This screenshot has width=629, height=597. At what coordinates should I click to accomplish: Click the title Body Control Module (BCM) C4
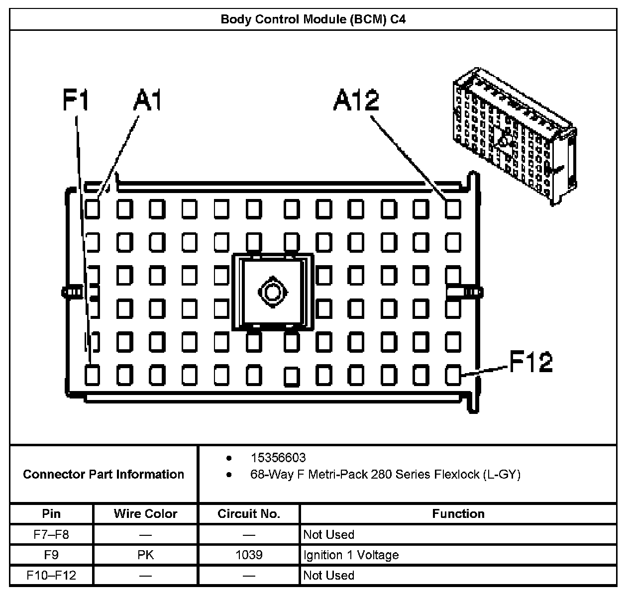tap(313, 20)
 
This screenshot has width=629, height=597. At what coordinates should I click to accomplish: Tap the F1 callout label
tap(76, 100)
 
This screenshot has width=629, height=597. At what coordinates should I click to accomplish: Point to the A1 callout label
tap(147, 100)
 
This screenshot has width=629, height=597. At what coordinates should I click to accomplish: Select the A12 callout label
tap(356, 100)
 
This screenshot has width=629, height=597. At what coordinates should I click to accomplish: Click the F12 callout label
tap(530, 362)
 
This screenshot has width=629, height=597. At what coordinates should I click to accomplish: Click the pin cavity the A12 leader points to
tap(453, 209)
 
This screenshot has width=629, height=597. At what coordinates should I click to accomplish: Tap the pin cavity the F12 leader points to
tap(453, 375)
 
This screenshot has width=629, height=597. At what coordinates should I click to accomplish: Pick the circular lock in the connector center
tap(272, 292)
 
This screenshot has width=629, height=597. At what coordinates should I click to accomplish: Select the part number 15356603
tap(278, 458)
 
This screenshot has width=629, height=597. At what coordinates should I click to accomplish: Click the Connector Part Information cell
tap(104, 474)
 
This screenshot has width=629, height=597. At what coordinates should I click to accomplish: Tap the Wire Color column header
tap(145, 513)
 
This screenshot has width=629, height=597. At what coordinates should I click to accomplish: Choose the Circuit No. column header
tap(249, 513)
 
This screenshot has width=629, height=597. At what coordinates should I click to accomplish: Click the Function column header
tap(458, 513)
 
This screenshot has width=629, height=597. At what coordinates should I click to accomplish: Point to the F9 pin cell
tap(51, 555)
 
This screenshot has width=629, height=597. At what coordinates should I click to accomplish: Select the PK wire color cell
tap(145, 555)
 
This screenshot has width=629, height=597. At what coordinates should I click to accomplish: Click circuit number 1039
tap(249, 555)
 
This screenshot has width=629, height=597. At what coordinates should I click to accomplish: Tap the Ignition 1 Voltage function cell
tap(351, 555)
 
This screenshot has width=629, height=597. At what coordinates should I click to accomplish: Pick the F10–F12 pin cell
tap(51, 576)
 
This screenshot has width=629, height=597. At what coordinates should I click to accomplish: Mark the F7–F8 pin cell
tap(51, 535)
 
